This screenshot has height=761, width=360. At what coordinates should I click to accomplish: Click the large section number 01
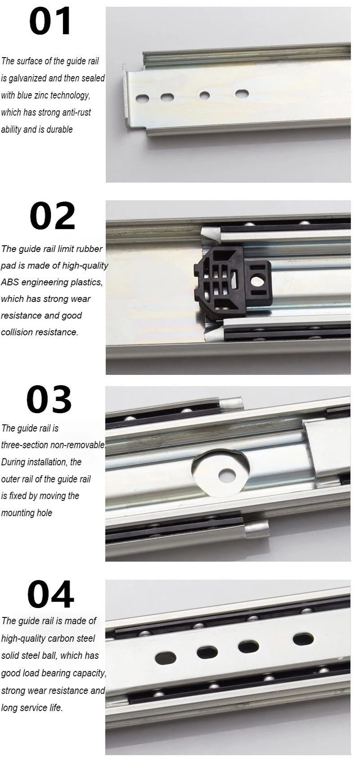point(50,21)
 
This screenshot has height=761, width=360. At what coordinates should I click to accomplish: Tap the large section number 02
point(52,216)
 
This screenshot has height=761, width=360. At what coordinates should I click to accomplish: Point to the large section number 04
point(50,594)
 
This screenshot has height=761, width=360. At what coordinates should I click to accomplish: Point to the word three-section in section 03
point(24,445)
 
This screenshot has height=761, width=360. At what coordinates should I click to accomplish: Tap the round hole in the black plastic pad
point(257,281)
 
